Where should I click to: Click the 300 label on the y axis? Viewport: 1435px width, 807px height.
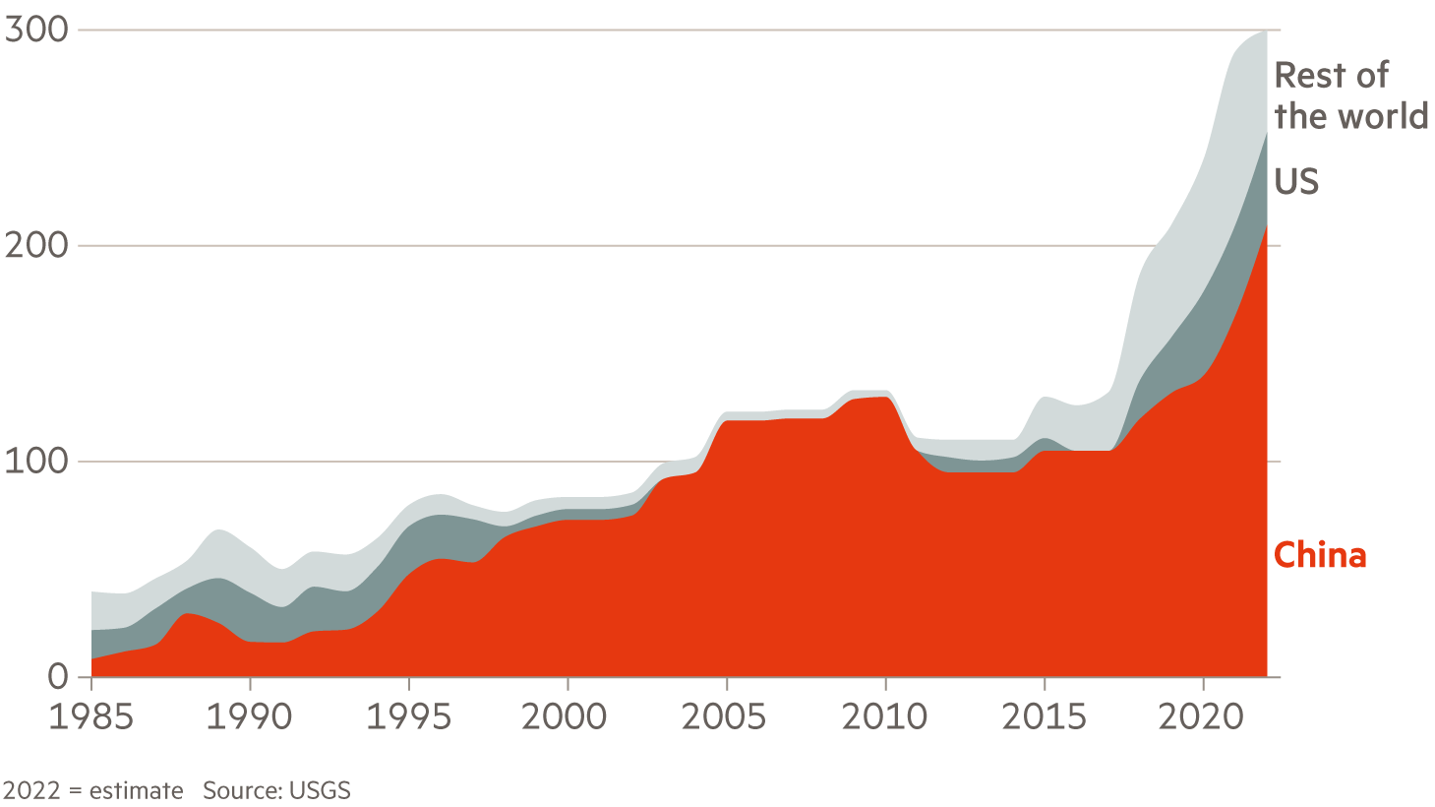point(36,30)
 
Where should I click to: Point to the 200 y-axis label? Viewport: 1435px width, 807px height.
point(36,245)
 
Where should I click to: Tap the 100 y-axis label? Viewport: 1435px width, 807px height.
point(36,461)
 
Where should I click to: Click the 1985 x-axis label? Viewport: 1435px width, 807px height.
point(90,716)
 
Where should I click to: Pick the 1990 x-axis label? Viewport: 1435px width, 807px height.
point(249,716)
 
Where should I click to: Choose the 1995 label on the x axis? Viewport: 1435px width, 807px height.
point(408,716)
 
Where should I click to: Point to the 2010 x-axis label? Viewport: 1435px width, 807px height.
point(884,716)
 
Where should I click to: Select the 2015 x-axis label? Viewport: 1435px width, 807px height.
point(1044,716)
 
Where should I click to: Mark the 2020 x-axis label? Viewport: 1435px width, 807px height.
point(1201,716)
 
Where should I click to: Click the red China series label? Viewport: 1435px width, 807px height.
point(1320,555)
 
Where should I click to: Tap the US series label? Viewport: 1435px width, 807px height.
point(1295,181)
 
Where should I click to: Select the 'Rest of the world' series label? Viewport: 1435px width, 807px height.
point(1349,95)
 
